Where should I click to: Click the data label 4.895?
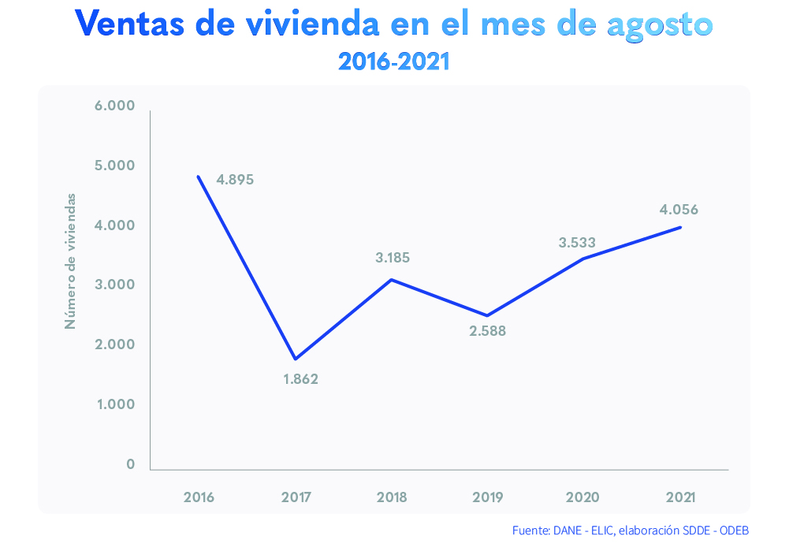pyautogui.click(x=235, y=180)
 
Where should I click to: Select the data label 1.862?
pyautogui.click(x=300, y=379)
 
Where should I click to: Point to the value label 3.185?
pyautogui.click(x=392, y=257)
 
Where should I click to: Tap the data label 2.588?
pyautogui.click(x=487, y=331)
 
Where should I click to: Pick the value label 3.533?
pyautogui.click(x=577, y=243)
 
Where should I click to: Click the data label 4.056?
pyautogui.click(x=679, y=210)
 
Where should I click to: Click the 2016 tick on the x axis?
pyautogui.click(x=199, y=497)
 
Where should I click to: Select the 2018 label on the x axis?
pyautogui.click(x=392, y=497)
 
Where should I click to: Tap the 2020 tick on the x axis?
pyautogui.click(x=582, y=497)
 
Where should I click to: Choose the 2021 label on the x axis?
pyautogui.click(x=679, y=497)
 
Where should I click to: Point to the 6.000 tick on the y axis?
pyautogui.click(x=114, y=106)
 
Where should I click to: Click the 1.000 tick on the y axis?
pyautogui.click(x=114, y=404)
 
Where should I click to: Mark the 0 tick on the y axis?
pyautogui.click(x=130, y=464)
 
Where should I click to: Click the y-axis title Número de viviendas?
pyautogui.click(x=71, y=260)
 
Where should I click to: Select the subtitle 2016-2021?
pyautogui.click(x=393, y=61)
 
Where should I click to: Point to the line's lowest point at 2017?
pyautogui.click(x=296, y=359)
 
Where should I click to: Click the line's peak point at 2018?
pyautogui.click(x=392, y=280)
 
